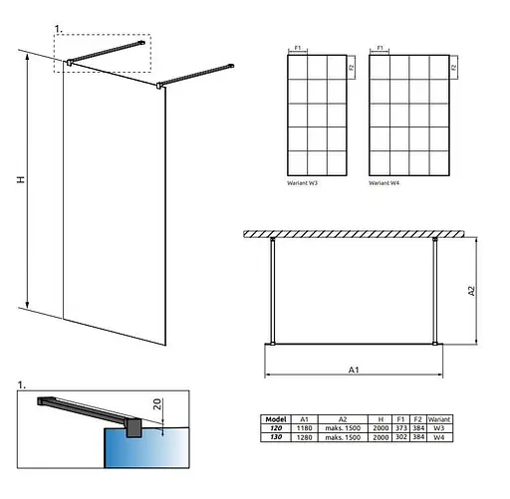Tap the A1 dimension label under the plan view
[354, 370]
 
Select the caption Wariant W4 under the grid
[382, 184]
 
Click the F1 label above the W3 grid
[301, 46]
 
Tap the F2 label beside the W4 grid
[453, 68]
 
